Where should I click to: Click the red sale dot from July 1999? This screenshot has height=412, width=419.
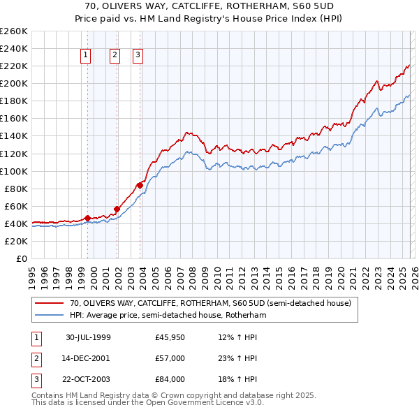point(87,218)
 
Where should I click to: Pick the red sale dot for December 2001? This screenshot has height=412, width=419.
point(117,208)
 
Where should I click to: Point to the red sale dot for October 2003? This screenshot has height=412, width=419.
point(140,184)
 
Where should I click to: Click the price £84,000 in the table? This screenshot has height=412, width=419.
point(170,379)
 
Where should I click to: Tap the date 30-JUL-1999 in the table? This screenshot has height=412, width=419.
point(88,337)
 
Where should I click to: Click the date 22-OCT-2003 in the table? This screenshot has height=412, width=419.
point(88,379)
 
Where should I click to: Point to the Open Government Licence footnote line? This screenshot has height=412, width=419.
point(147,404)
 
